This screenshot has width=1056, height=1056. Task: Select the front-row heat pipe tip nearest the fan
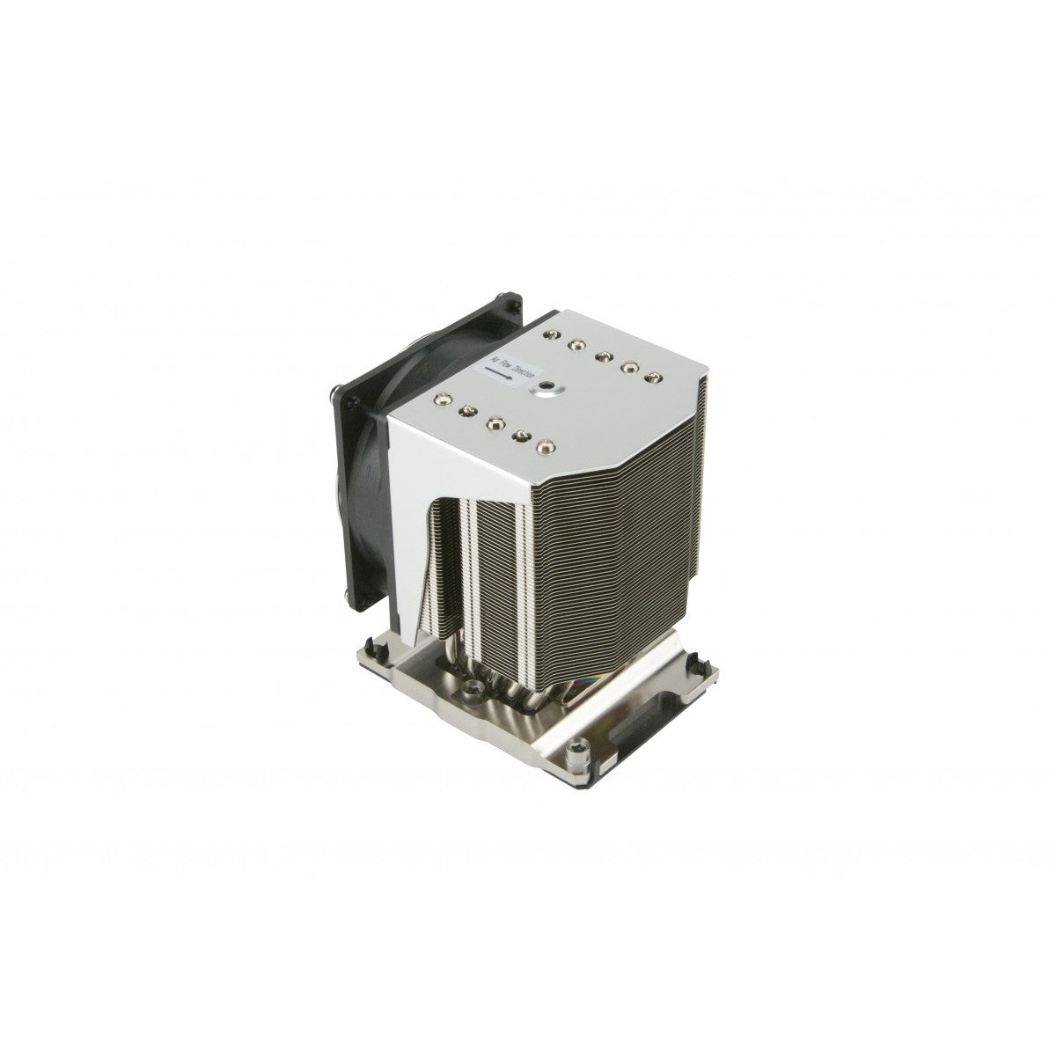click(440, 400)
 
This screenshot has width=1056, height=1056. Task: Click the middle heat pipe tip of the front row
click(495, 422)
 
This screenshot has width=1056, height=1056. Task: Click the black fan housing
click(370, 396)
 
